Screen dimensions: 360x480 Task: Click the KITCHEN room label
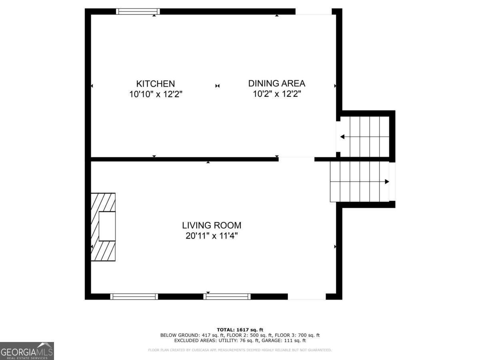[x=156, y=84]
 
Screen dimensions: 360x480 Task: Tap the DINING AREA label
[x=276, y=83]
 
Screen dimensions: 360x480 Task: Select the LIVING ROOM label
[x=212, y=225]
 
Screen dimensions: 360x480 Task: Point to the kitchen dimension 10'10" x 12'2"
[x=156, y=94]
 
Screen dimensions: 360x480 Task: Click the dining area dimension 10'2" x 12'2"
[x=276, y=94]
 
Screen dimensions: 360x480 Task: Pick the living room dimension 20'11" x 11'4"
[x=212, y=236]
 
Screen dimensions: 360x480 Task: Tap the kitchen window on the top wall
[x=138, y=11]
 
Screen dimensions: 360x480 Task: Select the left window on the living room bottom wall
[x=134, y=296]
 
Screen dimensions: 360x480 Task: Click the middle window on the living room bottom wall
[x=227, y=296]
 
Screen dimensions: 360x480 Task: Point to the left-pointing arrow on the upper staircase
[x=342, y=137]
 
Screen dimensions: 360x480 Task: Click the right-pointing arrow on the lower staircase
[x=386, y=182]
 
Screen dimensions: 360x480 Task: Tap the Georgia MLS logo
[x=27, y=351]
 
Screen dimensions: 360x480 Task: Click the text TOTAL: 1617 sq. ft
[x=240, y=330]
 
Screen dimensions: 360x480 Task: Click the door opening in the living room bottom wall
[x=307, y=296]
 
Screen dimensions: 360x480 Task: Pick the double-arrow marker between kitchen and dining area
[x=217, y=86]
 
